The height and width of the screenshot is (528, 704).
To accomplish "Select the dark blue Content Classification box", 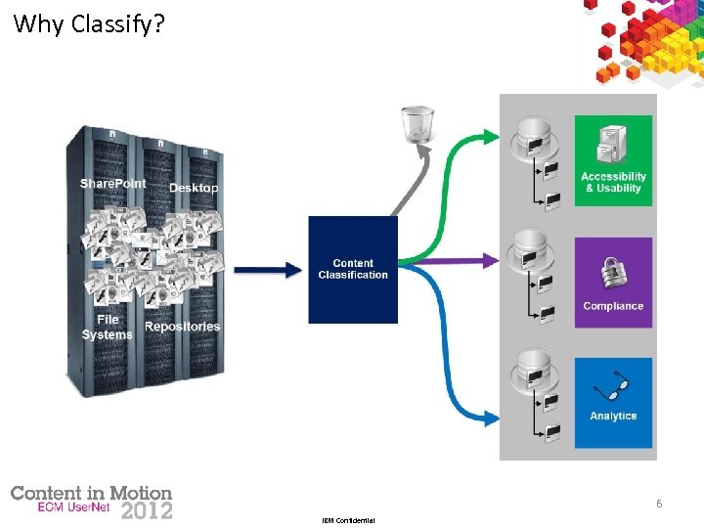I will click(x=353, y=270).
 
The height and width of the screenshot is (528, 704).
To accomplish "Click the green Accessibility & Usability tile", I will click(x=613, y=160).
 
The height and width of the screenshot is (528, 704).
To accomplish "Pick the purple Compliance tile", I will click(x=613, y=282).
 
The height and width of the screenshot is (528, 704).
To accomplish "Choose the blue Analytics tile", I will click(x=613, y=402).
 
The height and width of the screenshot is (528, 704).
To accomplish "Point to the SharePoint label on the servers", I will click(x=112, y=184).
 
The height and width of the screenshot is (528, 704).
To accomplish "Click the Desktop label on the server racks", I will click(x=194, y=188).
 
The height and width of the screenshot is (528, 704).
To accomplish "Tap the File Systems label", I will click(x=107, y=328).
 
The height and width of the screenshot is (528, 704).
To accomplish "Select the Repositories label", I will click(x=183, y=327).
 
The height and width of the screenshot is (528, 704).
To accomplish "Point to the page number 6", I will click(x=659, y=504).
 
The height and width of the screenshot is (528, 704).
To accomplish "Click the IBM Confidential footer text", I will click(x=348, y=521).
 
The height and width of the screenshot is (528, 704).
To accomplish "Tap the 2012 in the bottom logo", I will click(x=146, y=510).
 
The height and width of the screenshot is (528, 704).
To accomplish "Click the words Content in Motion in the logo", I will click(x=91, y=494).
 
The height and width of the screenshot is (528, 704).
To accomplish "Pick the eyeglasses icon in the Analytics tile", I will click(x=613, y=388).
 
